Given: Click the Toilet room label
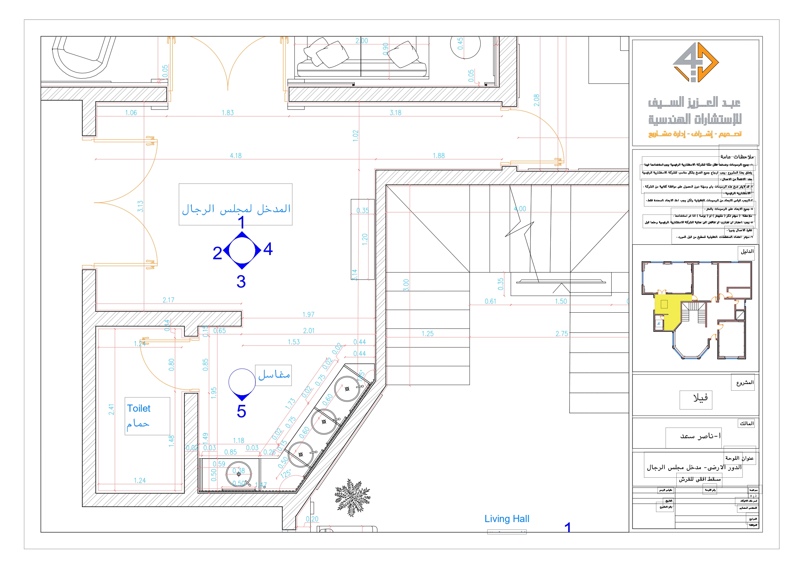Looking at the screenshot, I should [139, 409].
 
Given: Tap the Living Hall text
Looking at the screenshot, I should [507, 519].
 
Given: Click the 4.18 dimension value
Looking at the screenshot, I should [236, 156].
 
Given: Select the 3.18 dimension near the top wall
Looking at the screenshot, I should [395, 113].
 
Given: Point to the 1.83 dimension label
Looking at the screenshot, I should [228, 113].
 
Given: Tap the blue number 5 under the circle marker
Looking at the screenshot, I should [241, 412].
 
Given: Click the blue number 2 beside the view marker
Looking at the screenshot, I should [217, 253].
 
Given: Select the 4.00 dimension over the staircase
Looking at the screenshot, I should [520, 209].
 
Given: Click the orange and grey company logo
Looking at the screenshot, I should [695, 63].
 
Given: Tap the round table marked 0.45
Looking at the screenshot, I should [465, 44].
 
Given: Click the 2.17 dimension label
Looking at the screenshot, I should [168, 300].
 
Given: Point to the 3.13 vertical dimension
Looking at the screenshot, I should [140, 206].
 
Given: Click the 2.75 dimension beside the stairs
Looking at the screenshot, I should [562, 334].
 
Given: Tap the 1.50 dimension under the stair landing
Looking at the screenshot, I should [561, 301].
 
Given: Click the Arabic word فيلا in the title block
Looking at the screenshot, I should [700, 398].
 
